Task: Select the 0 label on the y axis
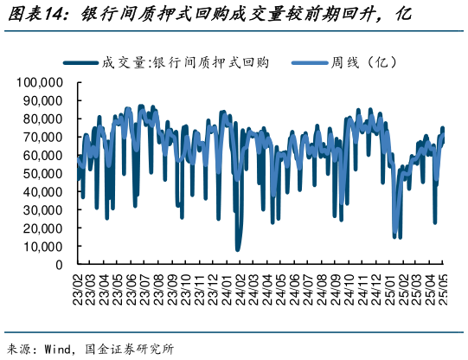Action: (59, 265)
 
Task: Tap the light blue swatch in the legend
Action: (307, 62)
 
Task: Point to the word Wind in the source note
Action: (61, 350)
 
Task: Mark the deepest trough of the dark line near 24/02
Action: (238, 249)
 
